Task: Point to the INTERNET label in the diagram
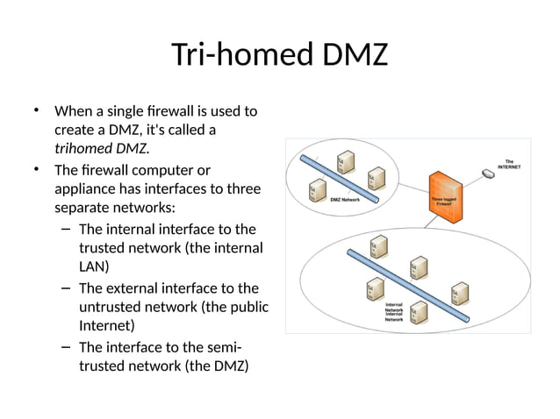[509, 164]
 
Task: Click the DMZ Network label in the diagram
[345, 200]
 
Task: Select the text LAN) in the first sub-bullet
[94, 267]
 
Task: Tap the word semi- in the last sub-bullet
[225, 347]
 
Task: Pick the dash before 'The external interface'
[67, 288]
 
